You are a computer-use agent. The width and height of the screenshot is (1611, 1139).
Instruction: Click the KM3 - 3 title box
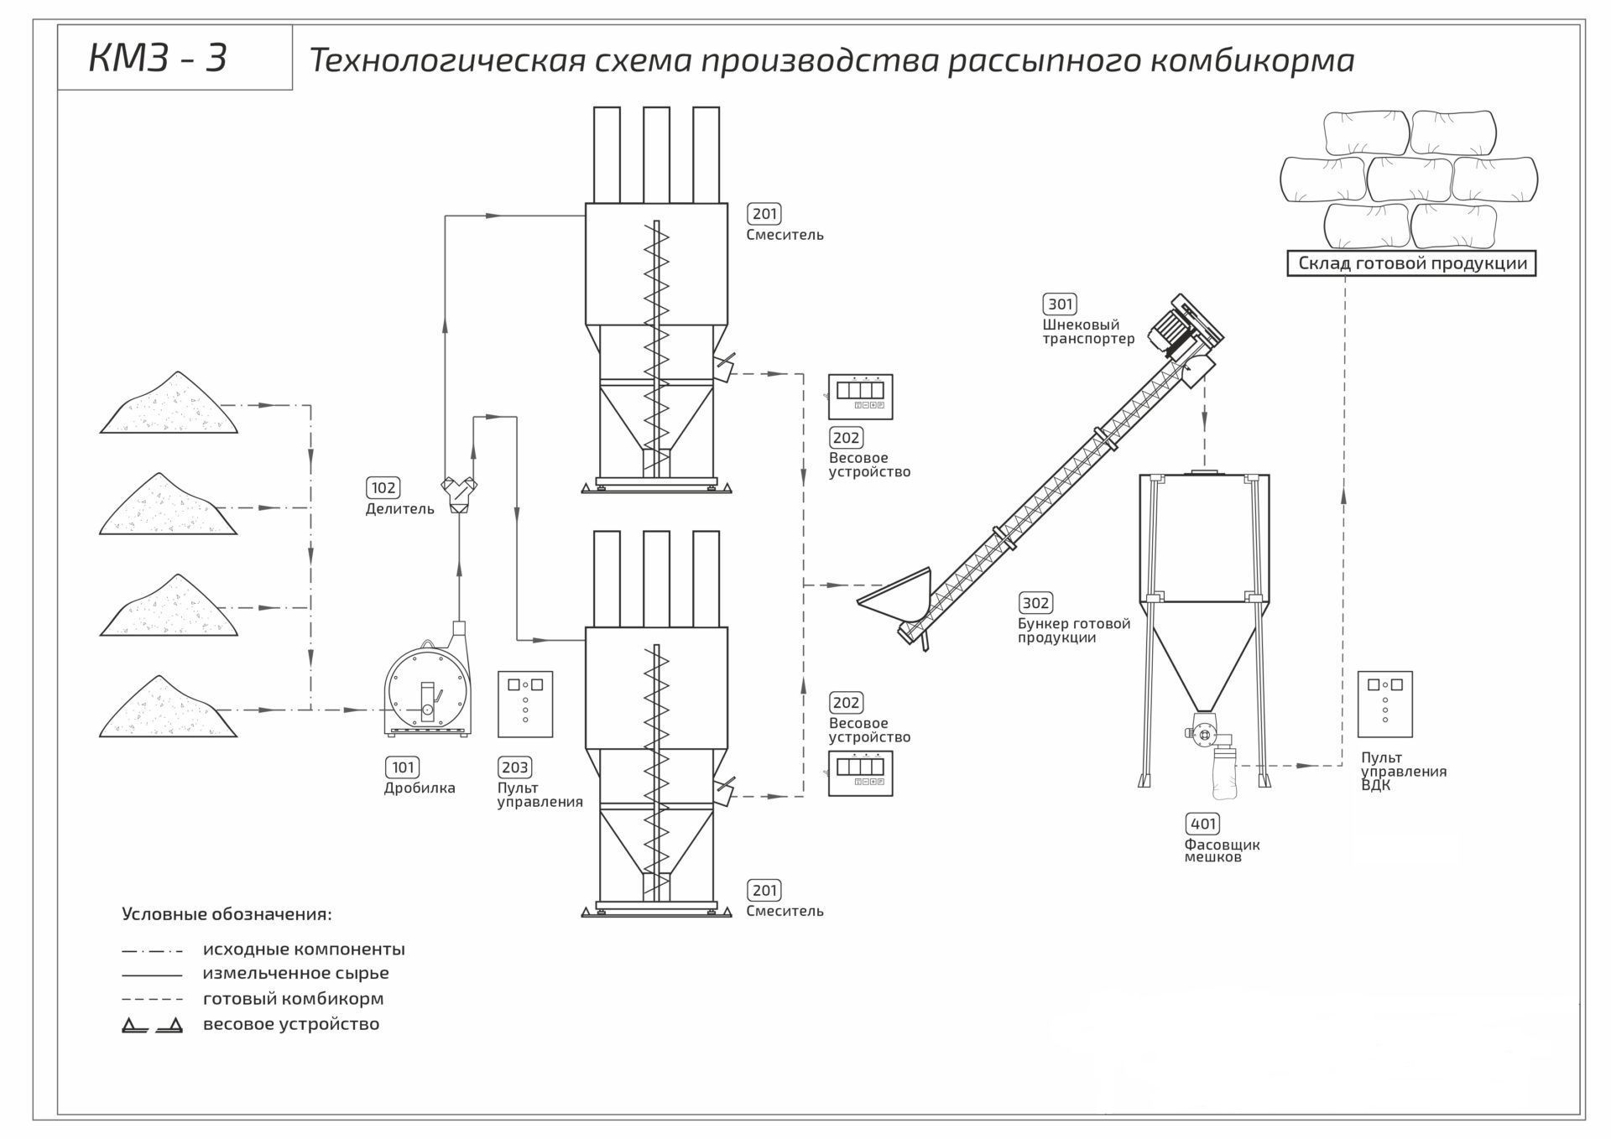click(175, 58)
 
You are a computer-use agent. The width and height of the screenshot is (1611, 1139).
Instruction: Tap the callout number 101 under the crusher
click(403, 767)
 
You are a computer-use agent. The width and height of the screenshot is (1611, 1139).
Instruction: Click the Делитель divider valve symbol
click(459, 494)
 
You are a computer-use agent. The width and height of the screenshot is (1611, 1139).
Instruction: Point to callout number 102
click(383, 487)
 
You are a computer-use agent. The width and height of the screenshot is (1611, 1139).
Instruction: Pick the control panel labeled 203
click(525, 704)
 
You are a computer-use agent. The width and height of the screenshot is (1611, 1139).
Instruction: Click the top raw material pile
click(169, 407)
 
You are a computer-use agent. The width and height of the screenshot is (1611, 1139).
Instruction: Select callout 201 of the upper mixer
click(764, 214)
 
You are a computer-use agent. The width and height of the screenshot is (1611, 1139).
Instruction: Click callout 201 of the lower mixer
click(764, 890)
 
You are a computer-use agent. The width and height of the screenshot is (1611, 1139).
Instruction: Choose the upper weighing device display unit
click(860, 397)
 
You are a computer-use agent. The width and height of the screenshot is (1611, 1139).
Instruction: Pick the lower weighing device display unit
click(860, 773)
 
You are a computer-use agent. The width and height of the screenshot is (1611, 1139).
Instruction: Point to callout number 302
click(1035, 602)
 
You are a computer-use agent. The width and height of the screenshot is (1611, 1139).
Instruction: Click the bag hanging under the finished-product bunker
click(1223, 772)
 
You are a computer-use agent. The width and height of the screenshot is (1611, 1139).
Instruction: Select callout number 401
click(1203, 824)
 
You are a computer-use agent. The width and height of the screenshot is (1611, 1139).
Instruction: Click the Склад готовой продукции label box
click(1411, 263)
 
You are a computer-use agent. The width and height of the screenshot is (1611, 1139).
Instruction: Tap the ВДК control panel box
click(1384, 704)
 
